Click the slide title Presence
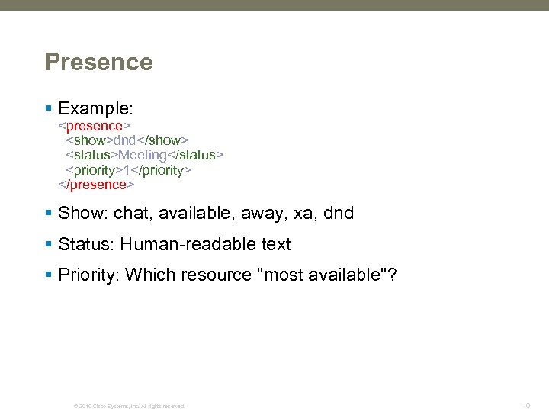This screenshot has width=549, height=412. (x=98, y=62)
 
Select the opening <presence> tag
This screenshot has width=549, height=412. (x=96, y=125)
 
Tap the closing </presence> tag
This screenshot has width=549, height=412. (x=98, y=185)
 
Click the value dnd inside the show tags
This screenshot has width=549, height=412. (x=126, y=140)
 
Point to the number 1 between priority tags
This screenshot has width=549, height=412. (x=127, y=170)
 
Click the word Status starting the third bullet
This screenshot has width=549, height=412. (x=84, y=245)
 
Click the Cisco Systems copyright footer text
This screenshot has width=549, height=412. (x=129, y=406)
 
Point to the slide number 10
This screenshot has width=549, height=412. (x=526, y=405)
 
